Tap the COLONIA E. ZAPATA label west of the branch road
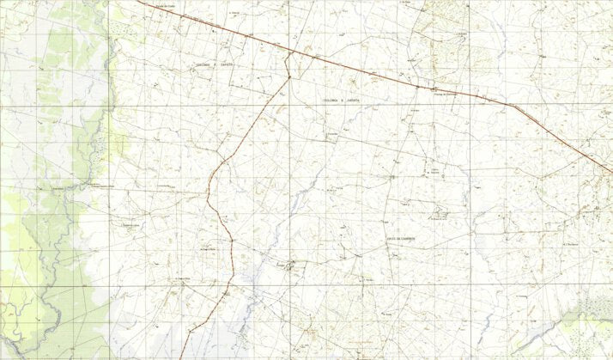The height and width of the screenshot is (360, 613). coord(215,64)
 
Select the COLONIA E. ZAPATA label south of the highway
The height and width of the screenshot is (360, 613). coord(342,101)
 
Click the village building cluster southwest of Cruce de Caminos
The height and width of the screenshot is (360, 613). coord(292,265)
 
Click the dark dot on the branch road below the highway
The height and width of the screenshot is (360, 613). coord(289,77)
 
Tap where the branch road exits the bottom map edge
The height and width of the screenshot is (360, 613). coord(179,357)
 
